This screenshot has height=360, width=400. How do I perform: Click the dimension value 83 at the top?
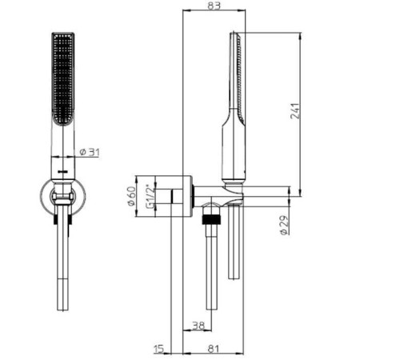point(214,5)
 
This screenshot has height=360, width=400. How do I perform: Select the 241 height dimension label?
point(295,110)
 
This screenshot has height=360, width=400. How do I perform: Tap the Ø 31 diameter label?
point(90,152)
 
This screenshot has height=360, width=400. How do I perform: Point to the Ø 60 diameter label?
point(132,196)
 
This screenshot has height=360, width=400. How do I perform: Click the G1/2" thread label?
point(150,196)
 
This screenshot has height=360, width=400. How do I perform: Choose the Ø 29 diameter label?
point(284,225)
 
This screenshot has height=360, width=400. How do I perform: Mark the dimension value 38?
point(198,325)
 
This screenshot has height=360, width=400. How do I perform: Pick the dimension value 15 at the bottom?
point(158,349)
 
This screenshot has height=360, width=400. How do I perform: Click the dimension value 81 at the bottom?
point(214,349)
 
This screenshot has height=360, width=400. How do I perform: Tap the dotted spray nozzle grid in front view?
point(62,78)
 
